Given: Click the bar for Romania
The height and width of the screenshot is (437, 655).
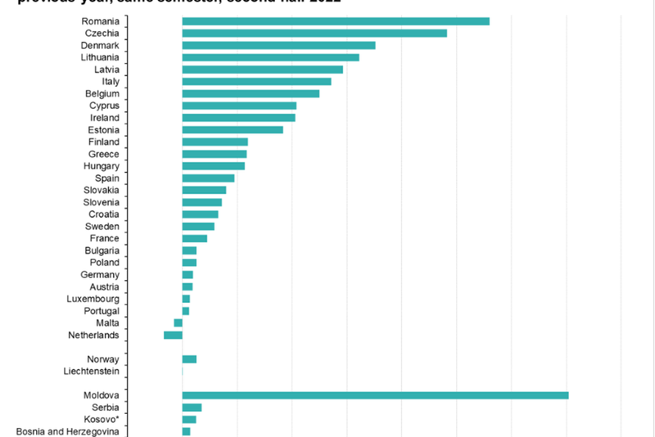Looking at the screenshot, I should pos(336,21).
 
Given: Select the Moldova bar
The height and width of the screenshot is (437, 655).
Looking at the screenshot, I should pos(375,396).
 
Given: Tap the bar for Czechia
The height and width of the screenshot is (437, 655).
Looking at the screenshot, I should pos(314,34).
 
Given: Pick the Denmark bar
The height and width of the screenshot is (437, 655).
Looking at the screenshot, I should pos(278,45).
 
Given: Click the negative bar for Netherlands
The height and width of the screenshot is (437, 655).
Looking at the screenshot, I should pos(173,335).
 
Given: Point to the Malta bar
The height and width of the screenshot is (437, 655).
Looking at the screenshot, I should pos(178,323).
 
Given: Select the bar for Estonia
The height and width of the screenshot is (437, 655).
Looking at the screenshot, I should pos(233,130).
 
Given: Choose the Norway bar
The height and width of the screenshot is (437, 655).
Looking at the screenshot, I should pos(189,359).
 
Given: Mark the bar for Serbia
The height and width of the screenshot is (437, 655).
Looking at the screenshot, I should pos(192,408).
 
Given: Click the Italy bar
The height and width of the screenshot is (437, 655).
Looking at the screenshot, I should pos(256,82).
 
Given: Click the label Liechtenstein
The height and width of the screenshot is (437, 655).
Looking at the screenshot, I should pos(91,372).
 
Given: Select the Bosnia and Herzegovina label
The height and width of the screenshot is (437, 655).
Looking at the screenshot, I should pos(68,431).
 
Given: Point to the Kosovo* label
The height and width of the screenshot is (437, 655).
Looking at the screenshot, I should pos(102,420).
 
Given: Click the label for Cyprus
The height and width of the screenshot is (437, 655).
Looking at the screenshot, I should pos(104,106).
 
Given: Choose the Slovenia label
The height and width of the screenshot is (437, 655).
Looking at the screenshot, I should pos(102,202).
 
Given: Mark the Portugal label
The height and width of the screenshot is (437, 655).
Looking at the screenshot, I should pos(102,311).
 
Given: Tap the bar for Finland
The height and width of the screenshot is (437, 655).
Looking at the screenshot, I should pos(215,142).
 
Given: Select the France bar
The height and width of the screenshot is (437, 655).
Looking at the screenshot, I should pos(194,238).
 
